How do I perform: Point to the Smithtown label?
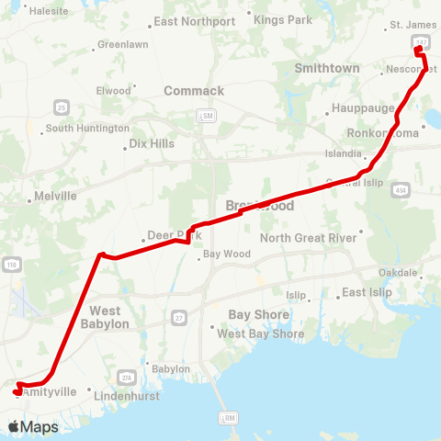[x=326, y=68]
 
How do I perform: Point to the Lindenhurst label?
[x=129, y=395]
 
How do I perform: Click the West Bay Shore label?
[x=260, y=334]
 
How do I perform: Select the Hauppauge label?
[x=364, y=107]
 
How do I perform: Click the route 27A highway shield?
[x=127, y=378]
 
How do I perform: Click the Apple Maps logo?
[x=32, y=426]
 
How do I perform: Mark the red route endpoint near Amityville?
[x=17, y=391]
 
